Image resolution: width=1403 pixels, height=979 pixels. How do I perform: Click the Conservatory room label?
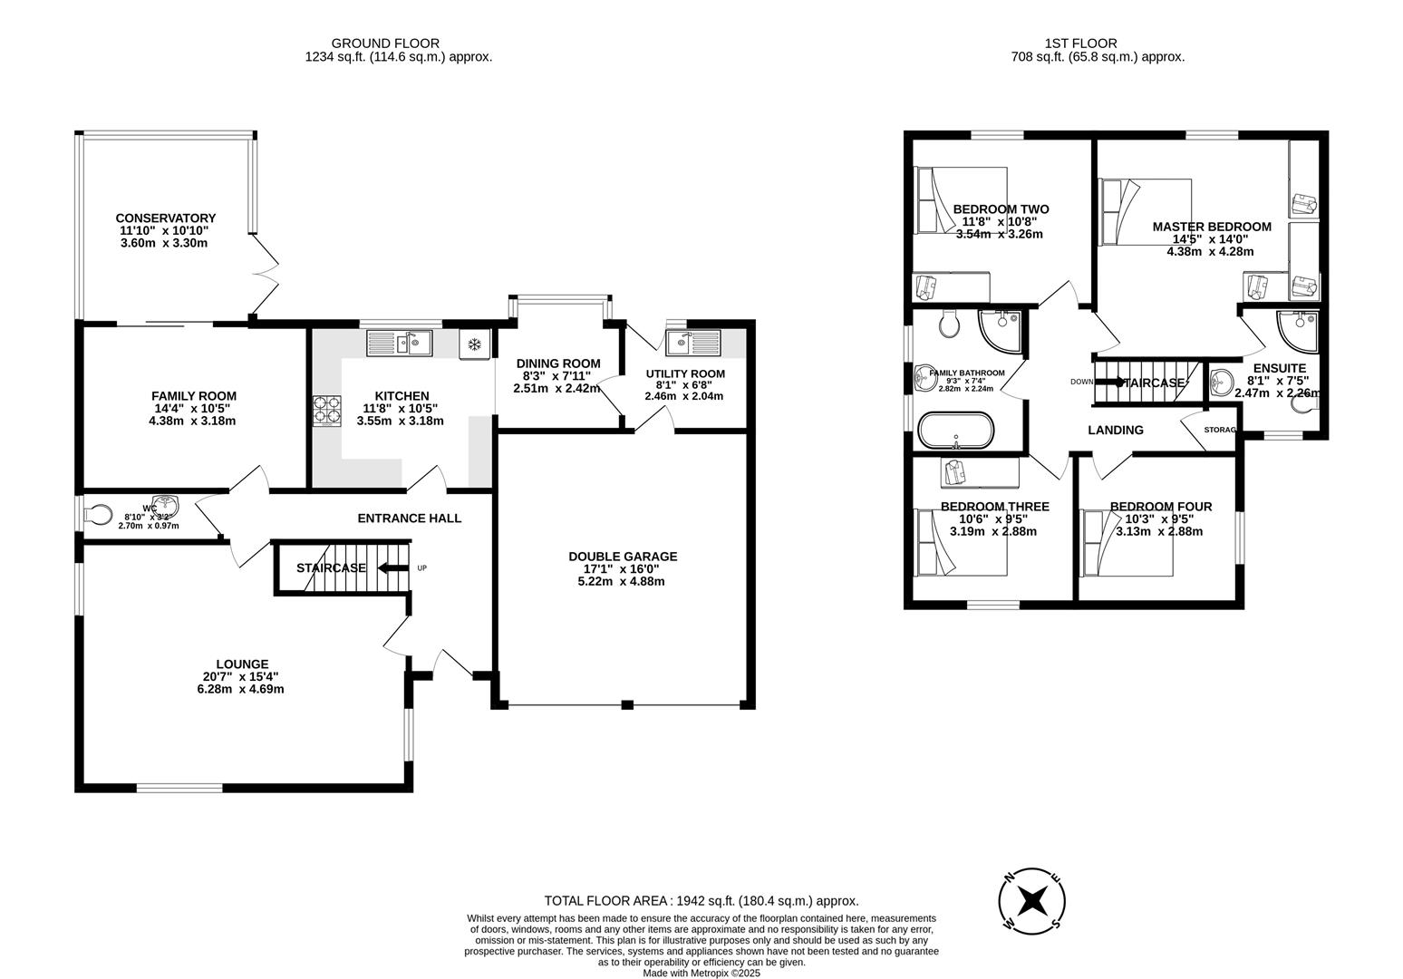tap(165, 218)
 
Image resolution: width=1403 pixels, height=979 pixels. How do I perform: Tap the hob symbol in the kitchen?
tap(326, 411)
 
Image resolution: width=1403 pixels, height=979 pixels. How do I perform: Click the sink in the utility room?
tap(692, 343)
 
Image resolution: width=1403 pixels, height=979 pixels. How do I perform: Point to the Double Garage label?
tap(622, 557)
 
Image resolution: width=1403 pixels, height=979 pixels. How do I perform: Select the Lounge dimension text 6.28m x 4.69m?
tap(241, 689)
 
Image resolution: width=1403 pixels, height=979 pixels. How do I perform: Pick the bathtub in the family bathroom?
tap(955, 431)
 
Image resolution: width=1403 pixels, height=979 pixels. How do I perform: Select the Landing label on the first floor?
tap(1115, 430)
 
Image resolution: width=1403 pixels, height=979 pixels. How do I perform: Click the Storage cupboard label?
tap(1219, 430)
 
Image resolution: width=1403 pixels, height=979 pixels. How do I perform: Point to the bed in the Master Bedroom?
tap(1146, 212)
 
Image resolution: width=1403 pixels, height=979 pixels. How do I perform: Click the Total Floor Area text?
tap(701, 901)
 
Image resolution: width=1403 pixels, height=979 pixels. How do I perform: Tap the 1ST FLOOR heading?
tap(1080, 43)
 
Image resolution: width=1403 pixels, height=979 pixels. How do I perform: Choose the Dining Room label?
tap(557, 363)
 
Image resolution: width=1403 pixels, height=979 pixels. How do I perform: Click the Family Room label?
tap(193, 396)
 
